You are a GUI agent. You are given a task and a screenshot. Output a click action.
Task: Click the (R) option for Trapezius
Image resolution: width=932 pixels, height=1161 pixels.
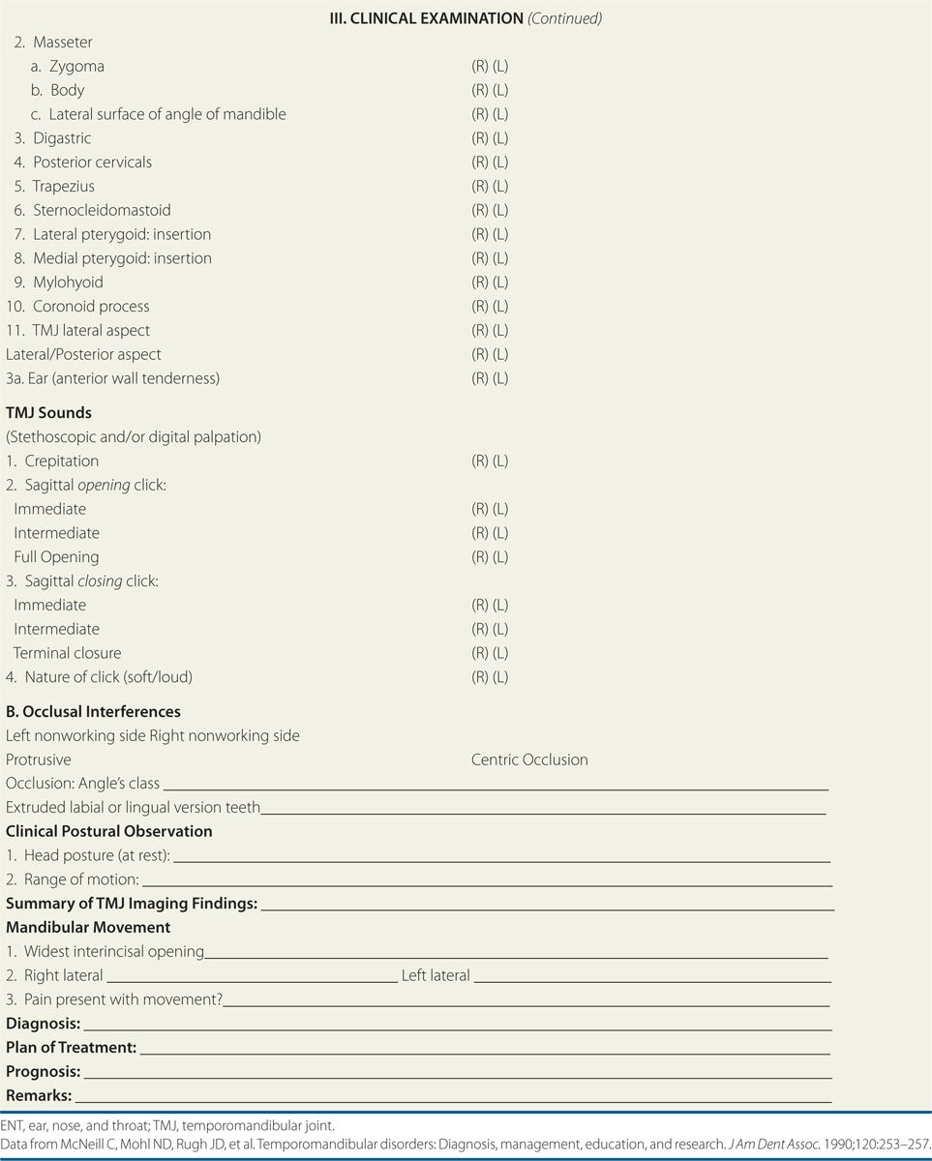480,186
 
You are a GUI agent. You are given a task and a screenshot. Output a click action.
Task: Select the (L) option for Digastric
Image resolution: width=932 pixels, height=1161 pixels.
500,138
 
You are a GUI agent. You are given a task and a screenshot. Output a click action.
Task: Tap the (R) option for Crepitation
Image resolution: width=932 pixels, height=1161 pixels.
480,461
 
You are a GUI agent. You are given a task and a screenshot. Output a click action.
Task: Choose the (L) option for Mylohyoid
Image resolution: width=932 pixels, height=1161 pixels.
500,283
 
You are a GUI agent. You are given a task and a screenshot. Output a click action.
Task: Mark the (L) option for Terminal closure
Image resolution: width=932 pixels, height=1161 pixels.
500,653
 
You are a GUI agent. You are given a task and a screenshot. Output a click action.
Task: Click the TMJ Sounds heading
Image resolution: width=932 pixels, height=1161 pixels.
48,413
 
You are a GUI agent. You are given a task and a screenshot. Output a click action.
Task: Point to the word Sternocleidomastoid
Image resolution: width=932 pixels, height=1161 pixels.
102,210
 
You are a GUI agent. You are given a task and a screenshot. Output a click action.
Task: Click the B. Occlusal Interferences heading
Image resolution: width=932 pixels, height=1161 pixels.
93,711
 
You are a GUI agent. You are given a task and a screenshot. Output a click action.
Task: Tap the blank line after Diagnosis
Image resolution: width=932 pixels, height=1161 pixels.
455,1028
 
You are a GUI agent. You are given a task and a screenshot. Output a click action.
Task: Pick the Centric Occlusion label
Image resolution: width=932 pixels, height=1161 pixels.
529,759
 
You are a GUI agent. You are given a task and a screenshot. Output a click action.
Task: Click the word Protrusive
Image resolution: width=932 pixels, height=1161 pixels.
39,759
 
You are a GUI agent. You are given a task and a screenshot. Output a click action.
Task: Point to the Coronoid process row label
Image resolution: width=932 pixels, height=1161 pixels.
91,307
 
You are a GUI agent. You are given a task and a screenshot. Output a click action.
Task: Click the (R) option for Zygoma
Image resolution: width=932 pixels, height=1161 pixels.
480,67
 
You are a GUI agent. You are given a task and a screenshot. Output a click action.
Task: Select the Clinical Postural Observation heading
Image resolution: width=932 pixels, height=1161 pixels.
109,831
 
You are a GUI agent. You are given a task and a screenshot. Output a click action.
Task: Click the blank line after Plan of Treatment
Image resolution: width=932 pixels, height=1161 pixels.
484,1053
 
